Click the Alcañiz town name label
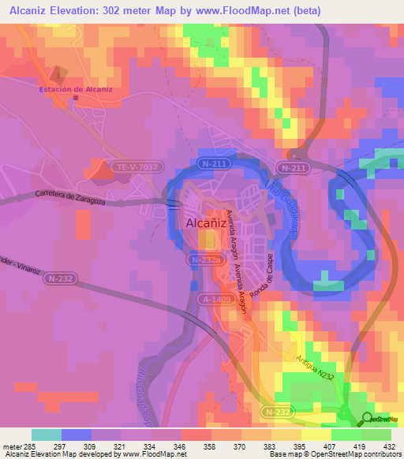coord(207,223)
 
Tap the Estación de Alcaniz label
coord(77,89)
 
